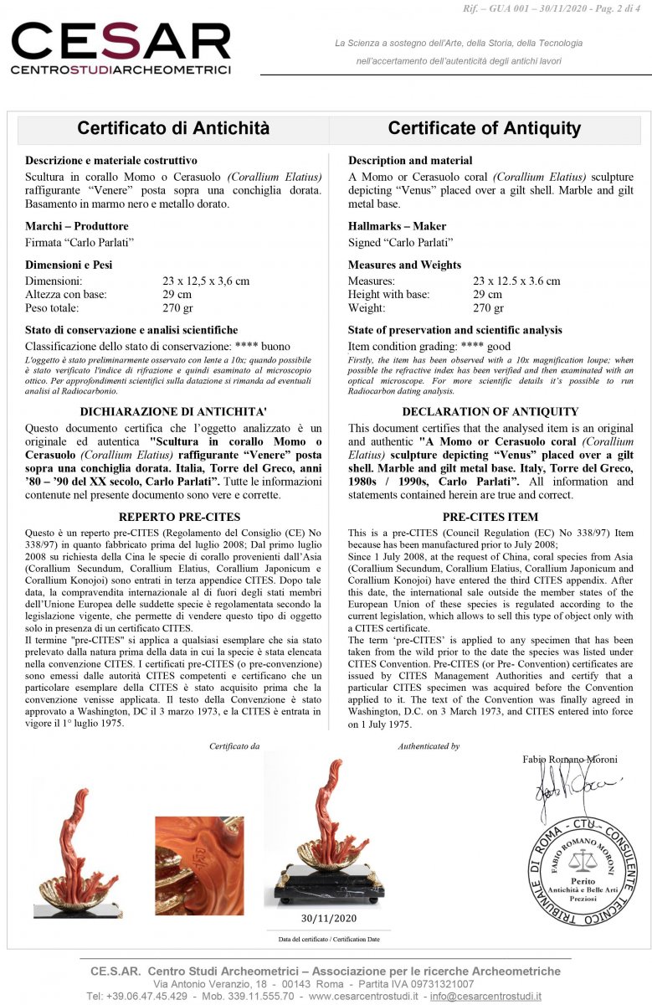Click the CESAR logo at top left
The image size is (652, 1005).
pyautogui.click(x=121, y=49)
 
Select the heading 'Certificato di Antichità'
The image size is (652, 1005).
pyautogui.click(x=173, y=128)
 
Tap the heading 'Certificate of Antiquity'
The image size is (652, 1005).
pyautogui.click(x=484, y=128)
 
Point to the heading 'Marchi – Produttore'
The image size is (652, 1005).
pyautogui.click(x=77, y=226)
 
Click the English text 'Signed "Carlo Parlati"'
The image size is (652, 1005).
pyautogui.click(x=401, y=243)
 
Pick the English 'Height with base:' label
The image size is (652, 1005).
pyautogui.click(x=388, y=295)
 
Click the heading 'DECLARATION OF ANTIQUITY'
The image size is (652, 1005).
pyautogui.click(x=490, y=412)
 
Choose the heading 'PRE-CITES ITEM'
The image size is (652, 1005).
pyautogui.click(x=490, y=517)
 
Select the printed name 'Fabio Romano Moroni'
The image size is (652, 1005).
pyautogui.click(x=570, y=760)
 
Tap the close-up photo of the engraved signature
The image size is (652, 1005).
pyautogui.click(x=199, y=865)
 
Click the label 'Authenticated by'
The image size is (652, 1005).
pyautogui.click(x=429, y=746)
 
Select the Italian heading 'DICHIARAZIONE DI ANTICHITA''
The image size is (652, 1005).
pyautogui.click(x=173, y=412)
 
